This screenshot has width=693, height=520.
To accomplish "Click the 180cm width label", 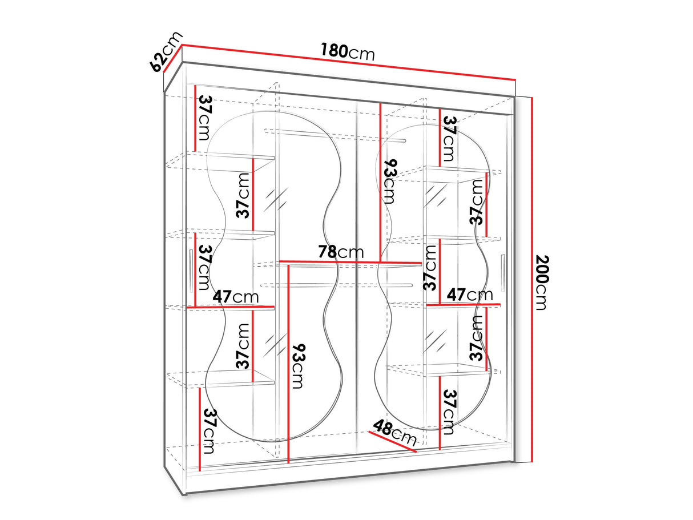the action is (348, 52).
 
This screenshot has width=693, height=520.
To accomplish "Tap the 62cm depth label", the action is (166, 51).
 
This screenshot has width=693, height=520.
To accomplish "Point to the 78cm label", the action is (341, 252).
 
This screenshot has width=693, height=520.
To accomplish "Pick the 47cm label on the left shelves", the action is (236, 297).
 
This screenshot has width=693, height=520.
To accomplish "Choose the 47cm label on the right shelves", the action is (469, 295).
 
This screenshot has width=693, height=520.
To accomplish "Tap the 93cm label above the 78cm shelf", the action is (389, 182).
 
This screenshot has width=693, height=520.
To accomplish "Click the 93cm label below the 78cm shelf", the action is (297, 366).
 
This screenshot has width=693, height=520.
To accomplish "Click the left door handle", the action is (191, 271).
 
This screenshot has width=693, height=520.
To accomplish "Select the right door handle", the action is (502, 273).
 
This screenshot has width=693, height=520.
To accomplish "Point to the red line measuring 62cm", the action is (173, 58).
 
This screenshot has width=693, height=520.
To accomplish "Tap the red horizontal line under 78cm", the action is (350, 262).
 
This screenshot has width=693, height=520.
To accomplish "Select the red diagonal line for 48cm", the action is (392, 442).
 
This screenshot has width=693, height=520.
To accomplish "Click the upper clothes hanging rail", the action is (335, 136).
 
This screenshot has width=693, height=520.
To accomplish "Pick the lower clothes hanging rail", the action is (337, 285).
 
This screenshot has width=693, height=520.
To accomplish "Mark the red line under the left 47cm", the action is (230, 307).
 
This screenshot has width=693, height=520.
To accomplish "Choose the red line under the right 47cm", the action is (464, 305).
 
